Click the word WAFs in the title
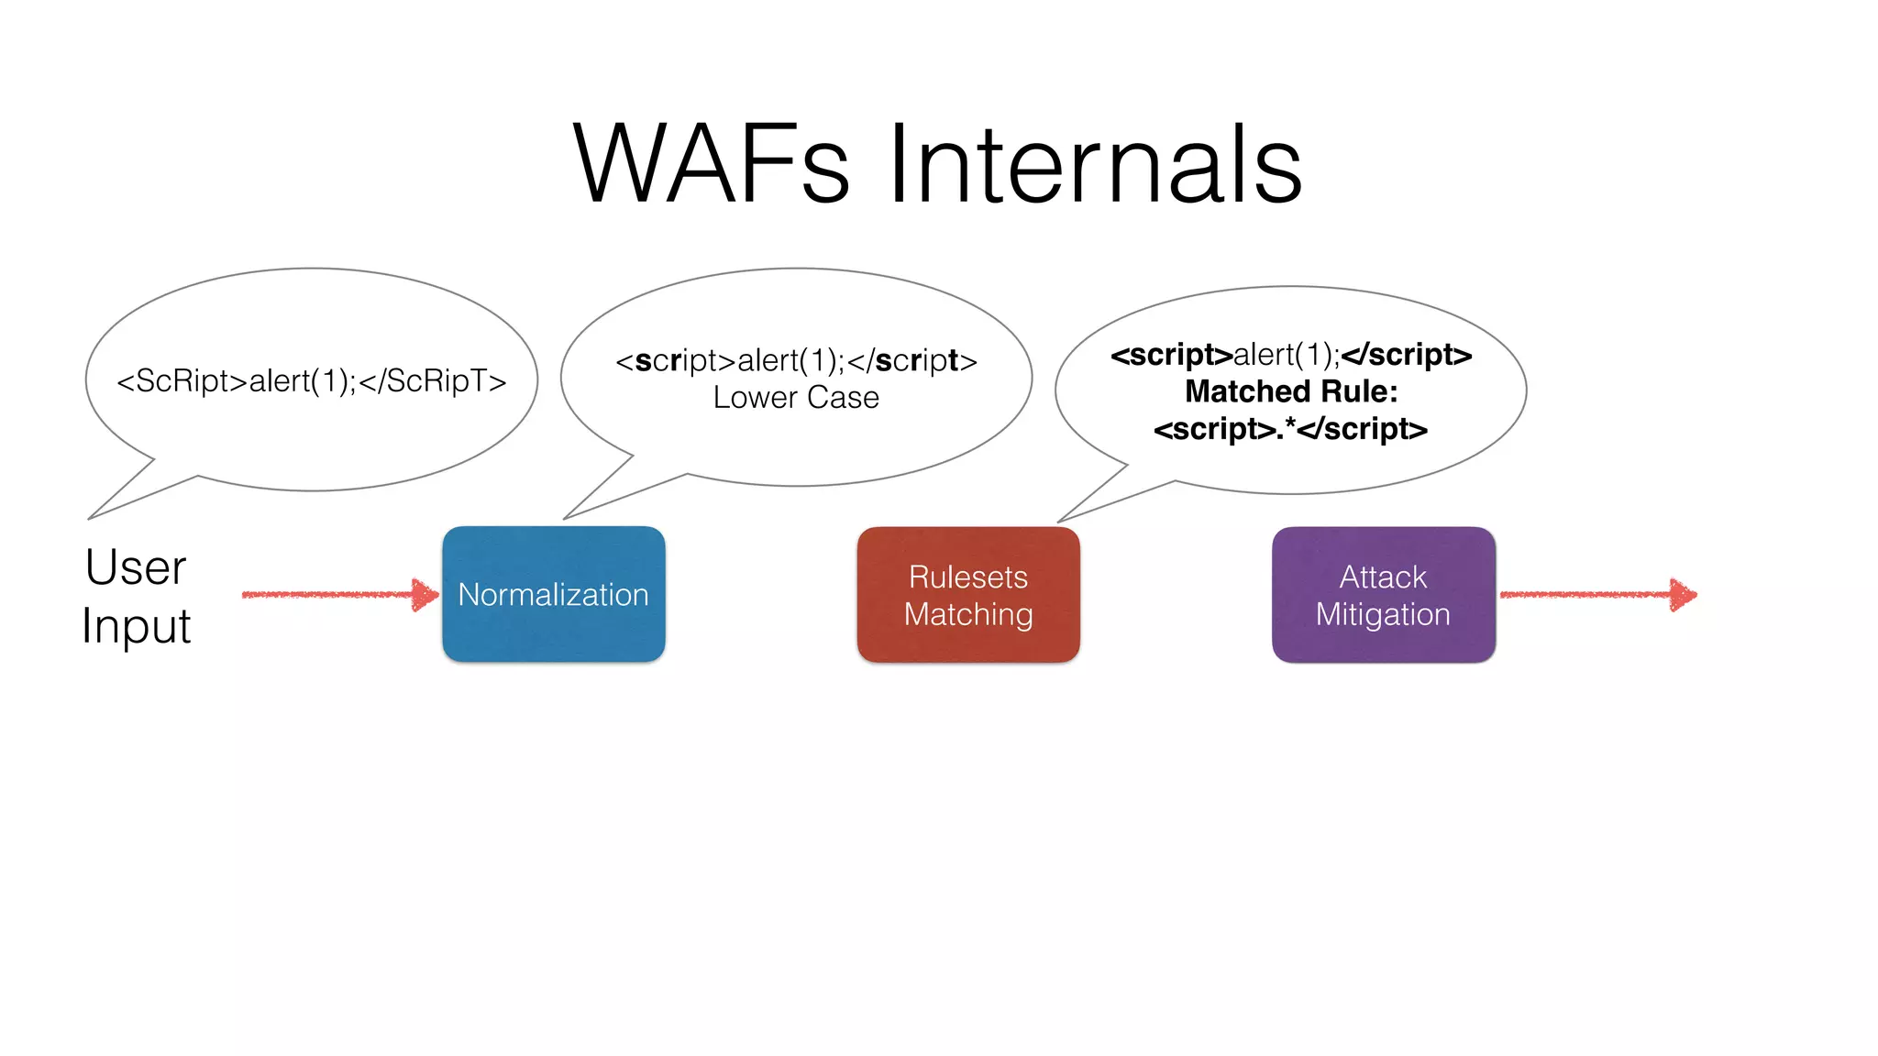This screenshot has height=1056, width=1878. pyautogui.click(x=711, y=165)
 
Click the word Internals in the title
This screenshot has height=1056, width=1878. pyautogui.click(x=1095, y=165)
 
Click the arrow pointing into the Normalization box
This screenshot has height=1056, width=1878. pyautogui.click(x=339, y=594)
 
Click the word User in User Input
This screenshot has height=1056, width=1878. pyautogui.click(x=136, y=567)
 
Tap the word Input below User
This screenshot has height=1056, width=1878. pyautogui.click(x=136, y=627)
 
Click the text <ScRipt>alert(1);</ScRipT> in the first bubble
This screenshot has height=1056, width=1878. pyautogui.click(x=311, y=380)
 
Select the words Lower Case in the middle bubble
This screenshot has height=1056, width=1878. pyautogui.click(x=796, y=398)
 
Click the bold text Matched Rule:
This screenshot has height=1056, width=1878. pyautogui.click(x=1291, y=391)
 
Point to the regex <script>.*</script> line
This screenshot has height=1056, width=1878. pyautogui.click(x=1290, y=429)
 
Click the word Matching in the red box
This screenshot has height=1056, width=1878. pyautogui.click(x=968, y=614)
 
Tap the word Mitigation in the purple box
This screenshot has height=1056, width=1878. pyautogui.click(x=1383, y=614)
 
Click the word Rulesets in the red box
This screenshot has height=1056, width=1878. pyautogui.click(x=968, y=577)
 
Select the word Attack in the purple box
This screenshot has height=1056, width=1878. pyautogui.click(x=1383, y=577)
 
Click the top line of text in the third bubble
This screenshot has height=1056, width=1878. pyautogui.click(x=1291, y=355)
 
